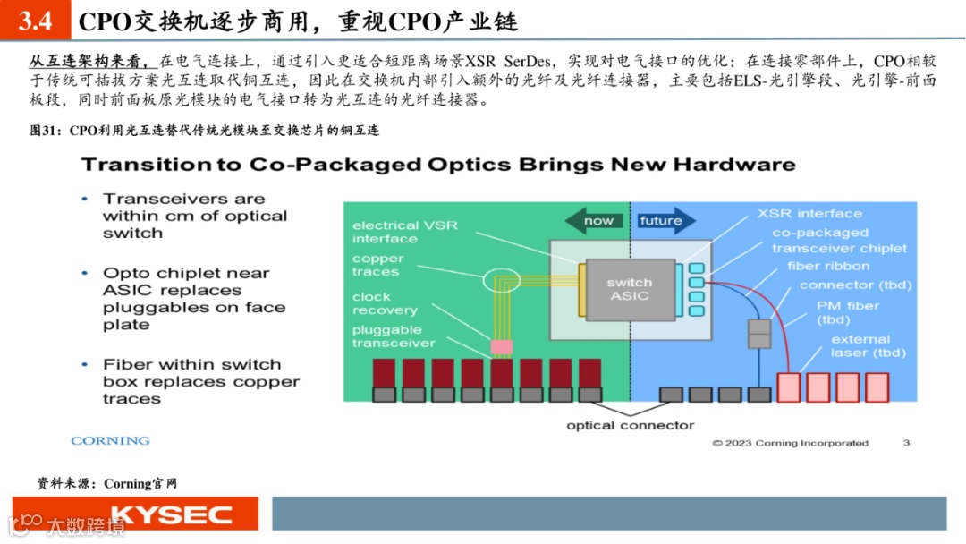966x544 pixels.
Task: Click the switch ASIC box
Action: (x=629, y=289)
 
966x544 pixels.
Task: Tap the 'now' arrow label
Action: (x=598, y=221)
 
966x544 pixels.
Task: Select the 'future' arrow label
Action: (x=661, y=221)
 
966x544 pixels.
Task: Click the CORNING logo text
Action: (x=110, y=441)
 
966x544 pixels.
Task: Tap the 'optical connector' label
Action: (x=630, y=425)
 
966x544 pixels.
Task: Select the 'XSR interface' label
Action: (x=809, y=214)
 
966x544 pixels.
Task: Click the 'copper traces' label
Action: (x=377, y=265)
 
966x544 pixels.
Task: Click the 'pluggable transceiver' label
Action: (x=394, y=336)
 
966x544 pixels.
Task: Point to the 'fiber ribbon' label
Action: (x=827, y=266)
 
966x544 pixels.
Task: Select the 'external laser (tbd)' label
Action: (x=860, y=345)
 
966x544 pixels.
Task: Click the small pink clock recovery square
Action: (x=500, y=345)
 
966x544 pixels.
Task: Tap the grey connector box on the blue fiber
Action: (x=758, y=334)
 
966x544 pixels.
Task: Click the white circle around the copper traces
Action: (x=501, y=281)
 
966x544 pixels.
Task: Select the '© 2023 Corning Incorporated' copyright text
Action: (x=790, y=443)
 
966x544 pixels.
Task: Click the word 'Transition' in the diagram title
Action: (x=136, y=165)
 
